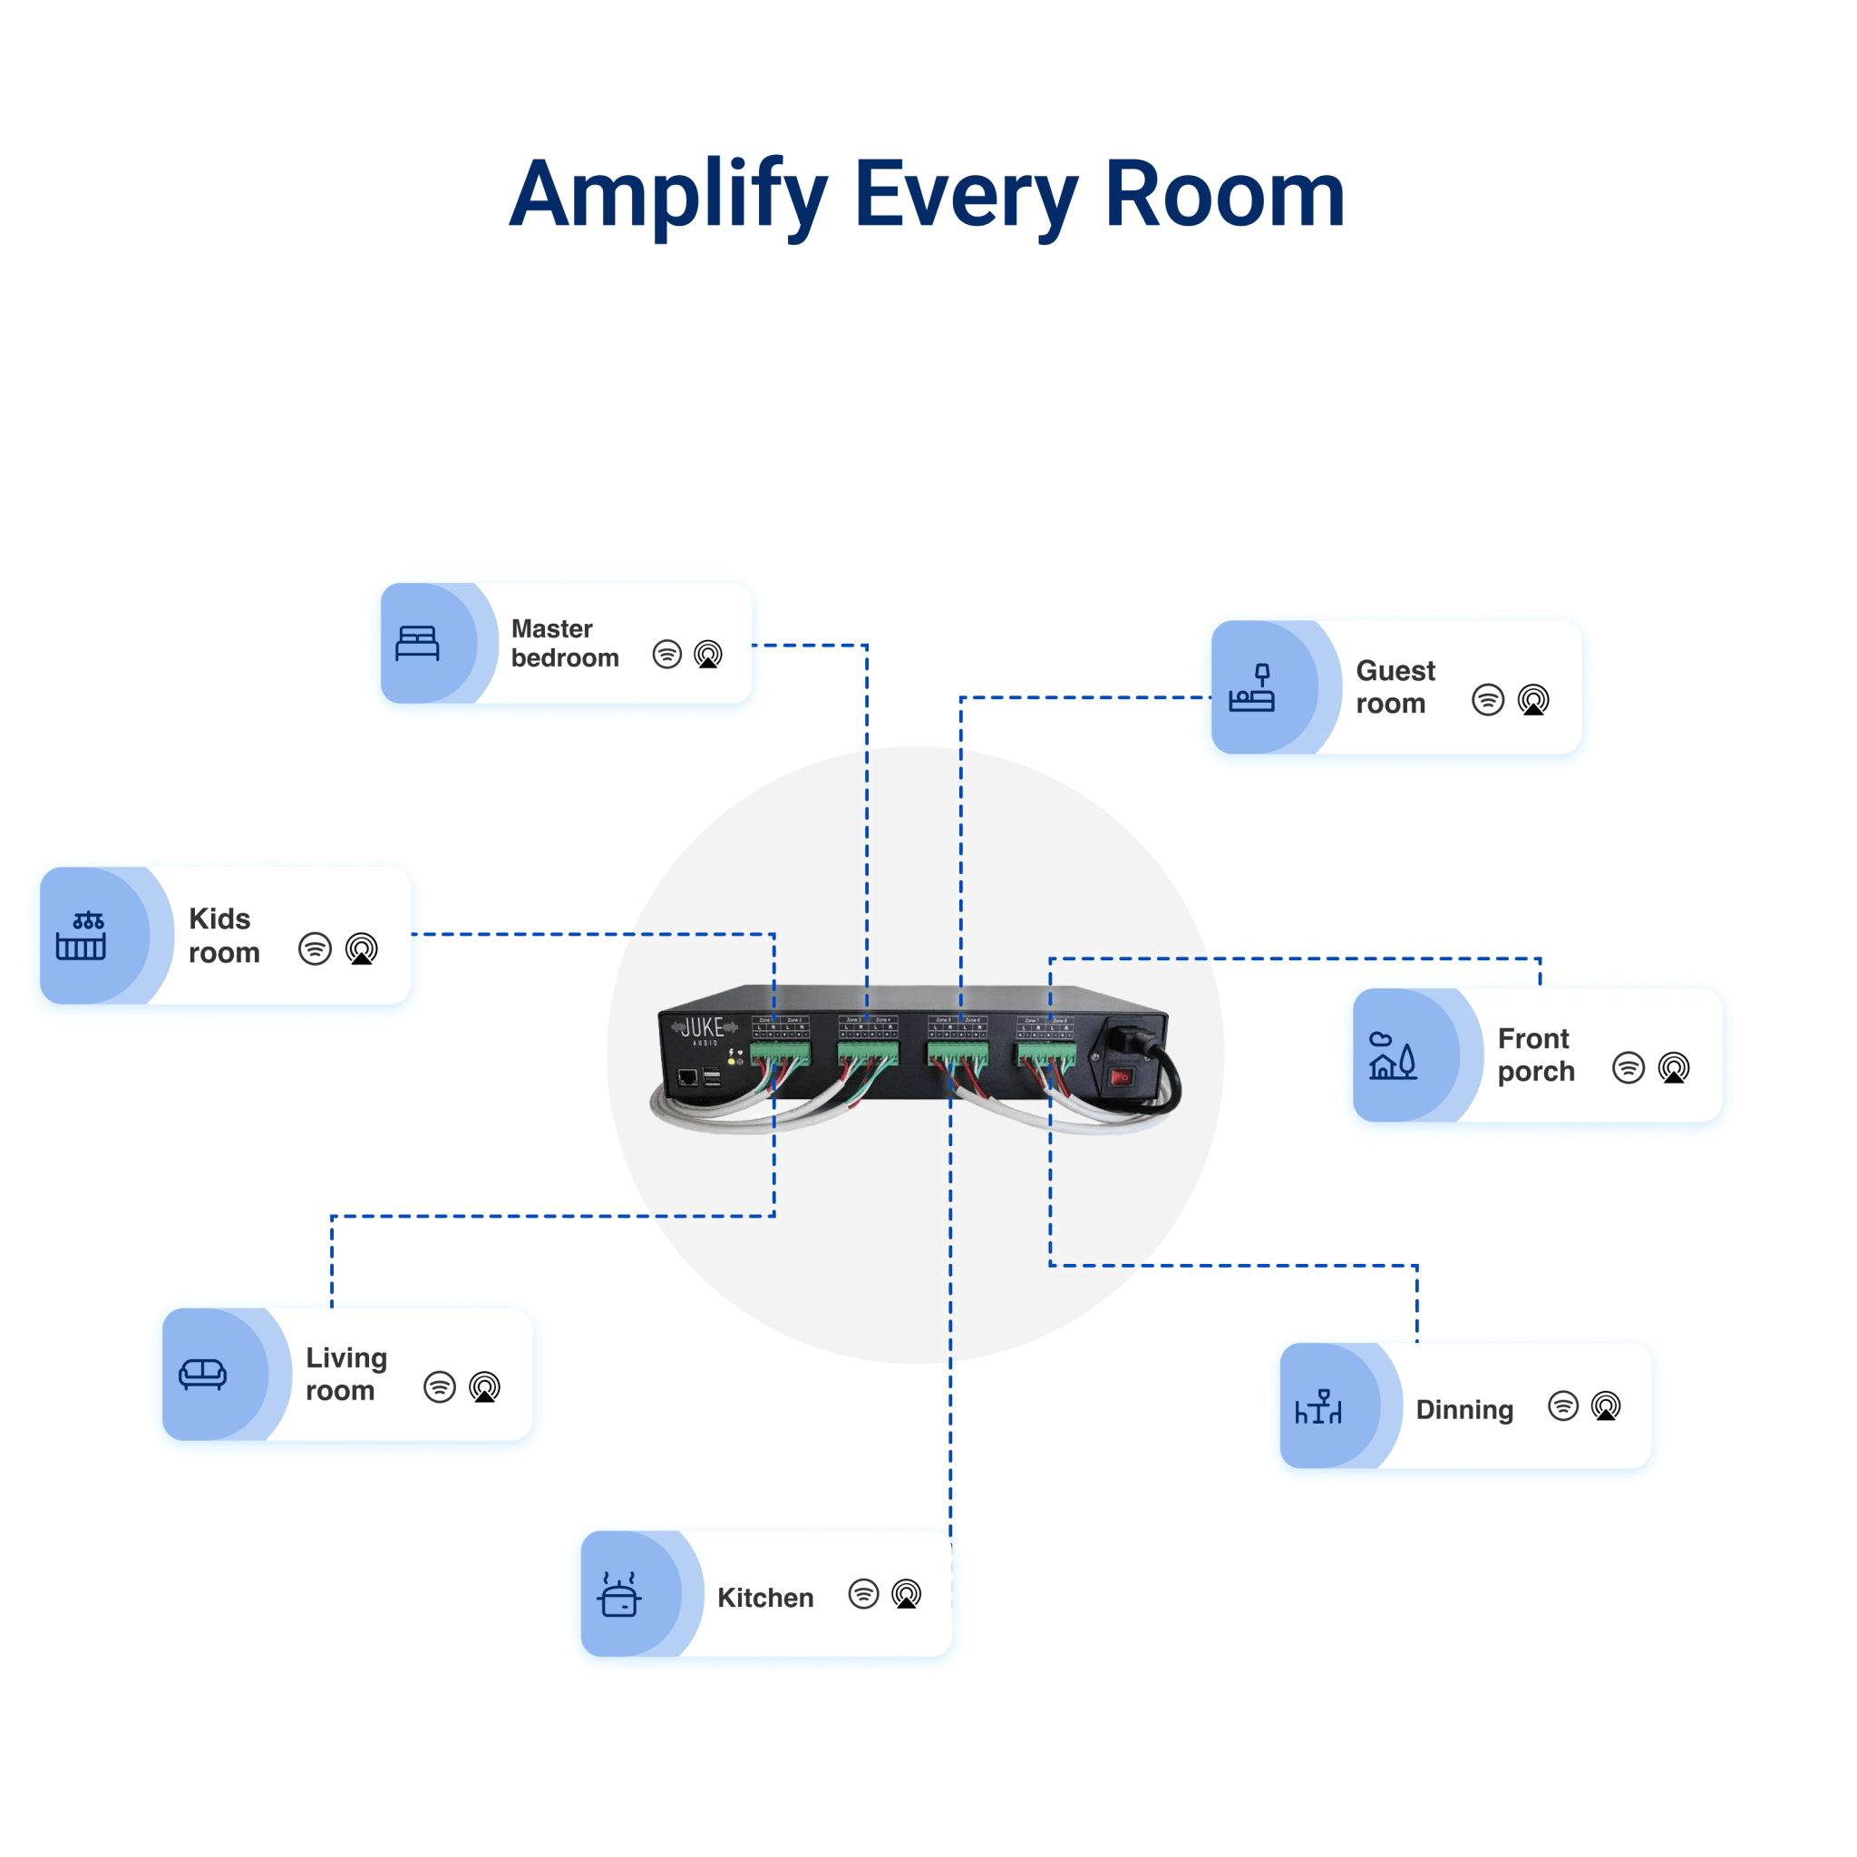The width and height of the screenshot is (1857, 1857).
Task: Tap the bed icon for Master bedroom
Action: pyautogui.click(x=417, y=643)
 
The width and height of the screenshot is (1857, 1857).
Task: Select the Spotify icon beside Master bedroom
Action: pyautogui.click(x=667, y=655)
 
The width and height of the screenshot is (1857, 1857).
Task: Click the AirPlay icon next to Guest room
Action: pyautogui.click(x=1533, y=700)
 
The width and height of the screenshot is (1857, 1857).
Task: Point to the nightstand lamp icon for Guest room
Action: pyautogui.click(x=1251, y=688)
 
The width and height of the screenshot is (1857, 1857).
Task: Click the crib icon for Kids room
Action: pyautogui.click(x=81, y=936)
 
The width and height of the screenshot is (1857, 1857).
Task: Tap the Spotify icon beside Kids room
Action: pyautogui.click(x=315, y=948)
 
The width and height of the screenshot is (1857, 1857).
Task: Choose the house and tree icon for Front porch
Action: pyautogui.click(x=1393, y=1056)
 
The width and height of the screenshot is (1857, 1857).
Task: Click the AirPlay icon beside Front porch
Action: pyautogui.click(x=1674, y=1068)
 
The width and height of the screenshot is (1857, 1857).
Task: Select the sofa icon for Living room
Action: pyautogui.click(x=203, y=1375)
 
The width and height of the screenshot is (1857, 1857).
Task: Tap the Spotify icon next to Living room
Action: pyautogui.click(x=439, y=1387)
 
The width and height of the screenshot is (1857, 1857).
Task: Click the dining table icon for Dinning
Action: pyautogui.click(x=1318, y=1407)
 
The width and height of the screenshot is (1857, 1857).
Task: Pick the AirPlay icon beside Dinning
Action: pyautogui.click(x=1605, y=1406)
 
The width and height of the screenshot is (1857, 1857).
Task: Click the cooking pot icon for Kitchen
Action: pyautogui.click(x=619, y=1595)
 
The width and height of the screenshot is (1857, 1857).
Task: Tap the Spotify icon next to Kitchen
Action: pyautogui.click(x=863, y=1594)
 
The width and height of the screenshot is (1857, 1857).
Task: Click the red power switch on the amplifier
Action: pyautogui.click(x=1121, y=1076)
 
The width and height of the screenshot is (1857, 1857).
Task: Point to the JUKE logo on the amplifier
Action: pyautogui.click(x=703, y=1028)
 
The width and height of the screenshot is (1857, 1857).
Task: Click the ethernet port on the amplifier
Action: pyautogui.click(x=688, y=1076)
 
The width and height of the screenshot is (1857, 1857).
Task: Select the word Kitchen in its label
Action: pyautogui.click(x=765, y=1598)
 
